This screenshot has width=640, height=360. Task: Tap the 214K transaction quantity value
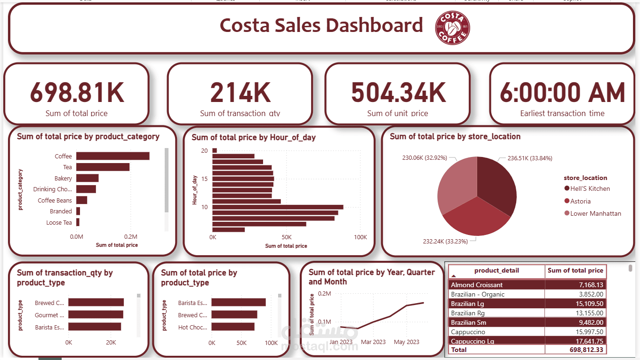click(240, 93)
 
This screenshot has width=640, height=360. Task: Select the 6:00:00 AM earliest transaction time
click(562, 93)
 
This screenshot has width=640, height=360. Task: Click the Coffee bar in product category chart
click(113, 156)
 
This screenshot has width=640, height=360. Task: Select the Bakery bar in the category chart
click(88, 178)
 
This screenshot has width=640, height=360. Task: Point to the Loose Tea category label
click(59, 222)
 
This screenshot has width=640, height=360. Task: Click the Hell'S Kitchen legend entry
click(590, 188)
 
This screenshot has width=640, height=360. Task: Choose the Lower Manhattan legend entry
click(595, 213)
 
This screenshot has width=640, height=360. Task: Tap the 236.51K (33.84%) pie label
click(529, 158)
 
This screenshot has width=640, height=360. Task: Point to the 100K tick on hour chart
click(360, 237)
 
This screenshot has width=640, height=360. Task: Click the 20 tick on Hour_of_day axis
click(204, 151)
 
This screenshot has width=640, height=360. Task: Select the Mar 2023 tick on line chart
click(374, 342)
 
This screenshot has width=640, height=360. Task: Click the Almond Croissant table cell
click(477, 285)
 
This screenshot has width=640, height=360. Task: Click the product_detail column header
click(496, 271)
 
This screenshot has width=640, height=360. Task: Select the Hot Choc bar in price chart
click(233, 327)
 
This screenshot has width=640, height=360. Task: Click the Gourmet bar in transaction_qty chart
click(96, 315)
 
